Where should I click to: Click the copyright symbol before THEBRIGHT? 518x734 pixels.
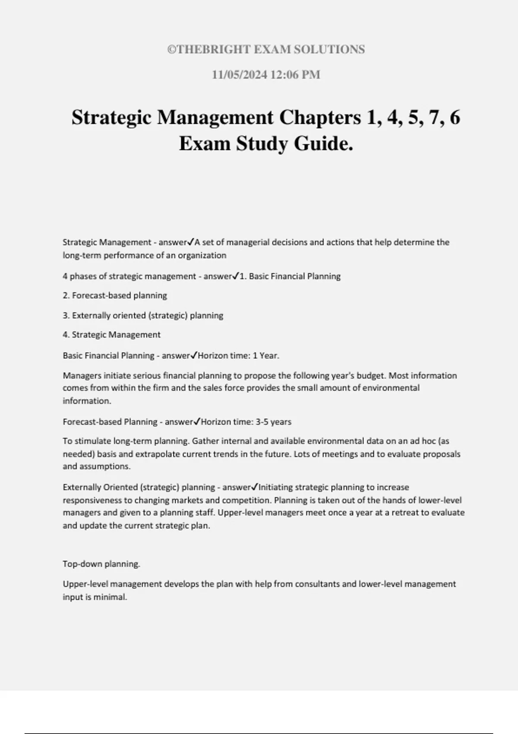coord(171,50)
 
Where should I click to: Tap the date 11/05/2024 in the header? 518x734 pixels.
coord(239,75)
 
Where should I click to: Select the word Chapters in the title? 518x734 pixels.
coord(320,117)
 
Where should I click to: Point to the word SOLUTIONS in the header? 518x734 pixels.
coord(329,50)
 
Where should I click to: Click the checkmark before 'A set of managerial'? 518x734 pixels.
coord(192,242)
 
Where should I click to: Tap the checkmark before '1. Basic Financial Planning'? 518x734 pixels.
coord(236,276)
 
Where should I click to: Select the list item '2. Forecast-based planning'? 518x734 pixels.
coord(115,296)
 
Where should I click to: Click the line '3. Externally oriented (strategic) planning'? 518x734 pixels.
coord(143,316)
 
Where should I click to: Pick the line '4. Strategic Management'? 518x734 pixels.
coord(111,335)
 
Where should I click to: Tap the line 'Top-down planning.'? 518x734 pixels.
coord(101,564)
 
